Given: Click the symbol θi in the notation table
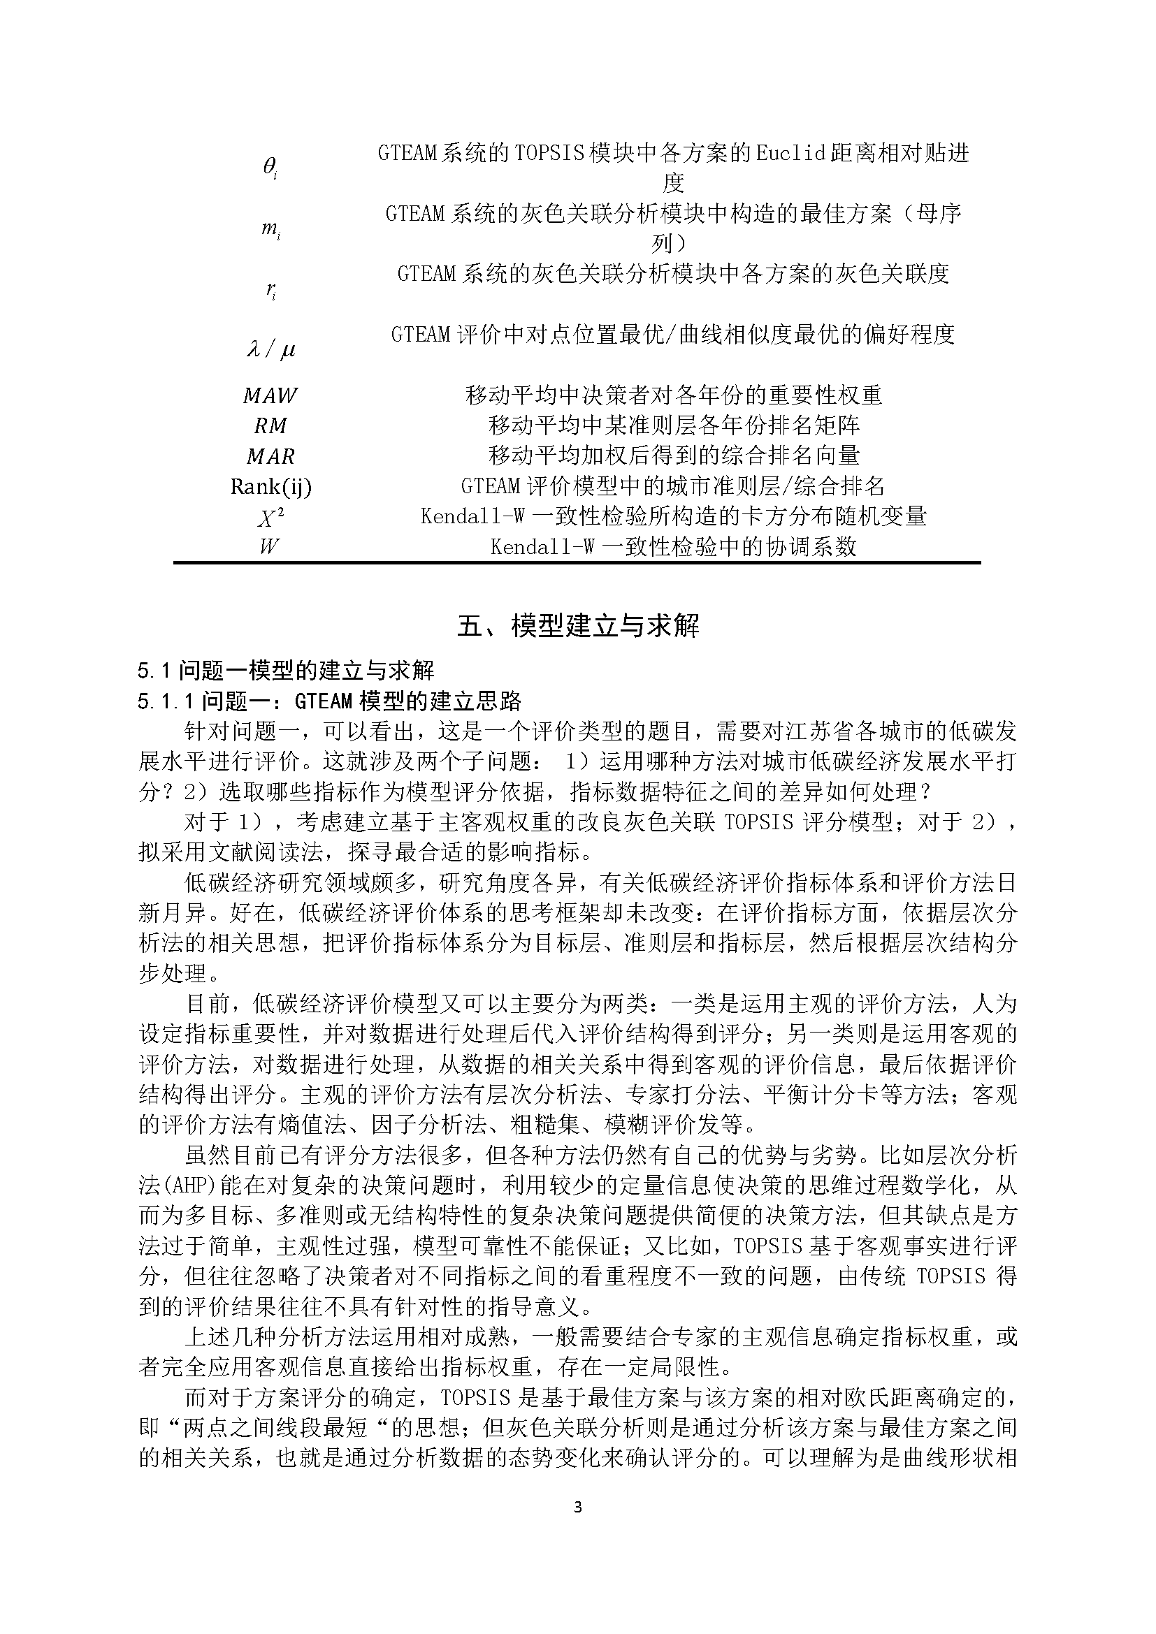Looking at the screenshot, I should (270, 168).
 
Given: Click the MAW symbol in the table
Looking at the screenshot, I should (270, 395).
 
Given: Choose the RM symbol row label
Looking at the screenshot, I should (270, 425).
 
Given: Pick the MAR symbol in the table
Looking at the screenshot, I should (270, 456).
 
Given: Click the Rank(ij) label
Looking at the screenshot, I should (270, 487).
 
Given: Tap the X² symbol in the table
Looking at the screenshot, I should (270, 517).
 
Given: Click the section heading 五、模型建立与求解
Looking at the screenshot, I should (577, 625).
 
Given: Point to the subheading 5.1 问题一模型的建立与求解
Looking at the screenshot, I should (286, 671).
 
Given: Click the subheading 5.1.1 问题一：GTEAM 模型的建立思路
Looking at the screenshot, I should (330, 701).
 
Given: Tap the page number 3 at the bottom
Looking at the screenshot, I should (577, 1507).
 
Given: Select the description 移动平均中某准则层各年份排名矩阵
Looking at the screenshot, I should (673, 425).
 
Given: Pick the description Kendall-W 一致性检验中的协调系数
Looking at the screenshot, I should (673, 547).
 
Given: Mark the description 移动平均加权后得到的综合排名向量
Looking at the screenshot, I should (673, 456).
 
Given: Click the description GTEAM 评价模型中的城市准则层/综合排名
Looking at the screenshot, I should (673, 487).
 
